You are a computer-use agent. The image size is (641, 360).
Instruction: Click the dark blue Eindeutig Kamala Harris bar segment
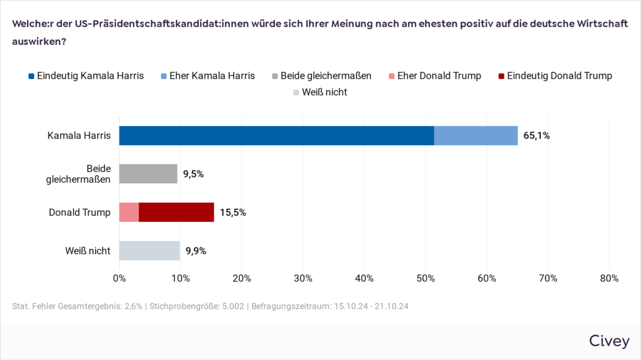coord(276,136)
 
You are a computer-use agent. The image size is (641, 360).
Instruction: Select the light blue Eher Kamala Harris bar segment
coord(476,136)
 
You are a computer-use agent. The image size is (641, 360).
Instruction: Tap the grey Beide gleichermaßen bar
coord(148,174)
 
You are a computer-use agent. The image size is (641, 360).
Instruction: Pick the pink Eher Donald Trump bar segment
coord(129,212)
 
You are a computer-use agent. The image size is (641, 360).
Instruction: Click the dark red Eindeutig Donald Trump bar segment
coord(176,212)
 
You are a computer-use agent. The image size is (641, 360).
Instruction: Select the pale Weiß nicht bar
coord(149,251)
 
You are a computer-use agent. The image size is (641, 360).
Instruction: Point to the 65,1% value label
coord(537,136)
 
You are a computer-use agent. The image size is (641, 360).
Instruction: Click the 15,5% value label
coord(233,212)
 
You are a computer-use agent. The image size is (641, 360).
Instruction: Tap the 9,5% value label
coord(193,174)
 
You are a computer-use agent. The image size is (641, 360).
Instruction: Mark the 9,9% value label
coord(196,251)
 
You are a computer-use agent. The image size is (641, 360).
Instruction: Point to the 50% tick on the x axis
coord(426,278)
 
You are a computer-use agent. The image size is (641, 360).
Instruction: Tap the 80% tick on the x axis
coord(609,278)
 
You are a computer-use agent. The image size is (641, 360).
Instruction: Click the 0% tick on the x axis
coord(119,278)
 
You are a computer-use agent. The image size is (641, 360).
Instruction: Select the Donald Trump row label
coord(80,212)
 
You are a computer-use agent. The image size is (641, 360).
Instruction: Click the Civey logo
coord(609,341)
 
